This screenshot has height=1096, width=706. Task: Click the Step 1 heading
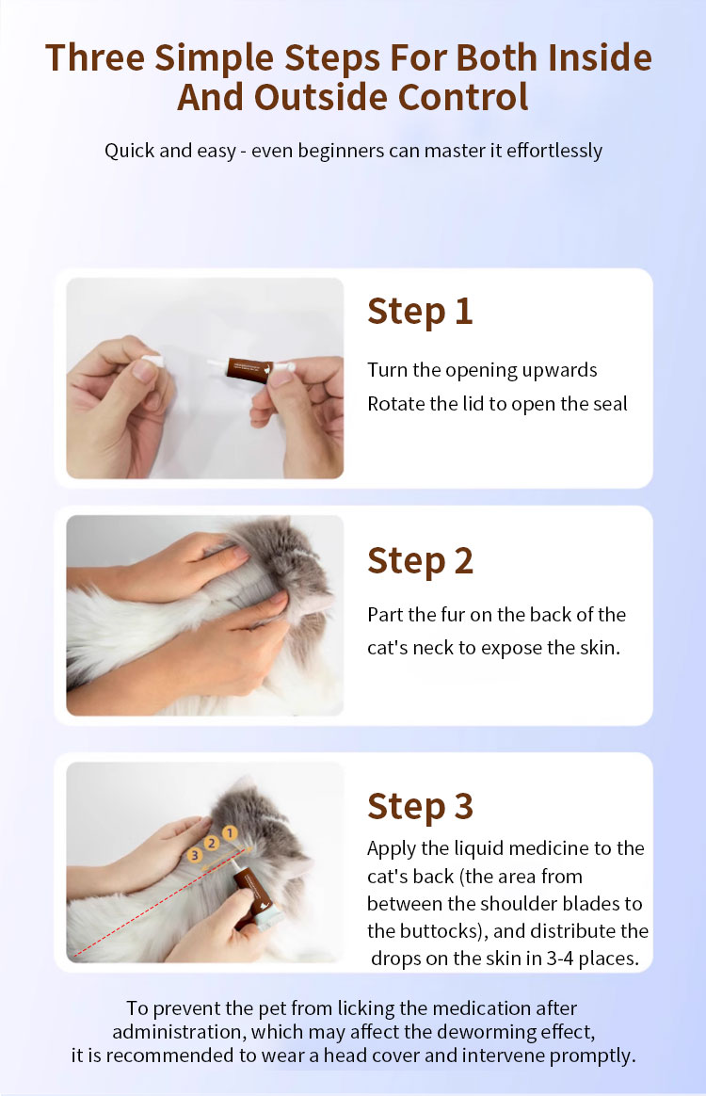point(420,311)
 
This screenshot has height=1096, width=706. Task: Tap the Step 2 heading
point(420,560)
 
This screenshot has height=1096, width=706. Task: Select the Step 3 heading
point(420,806)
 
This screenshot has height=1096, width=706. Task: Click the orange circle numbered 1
point(230,832)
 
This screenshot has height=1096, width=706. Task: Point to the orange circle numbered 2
point(211,844)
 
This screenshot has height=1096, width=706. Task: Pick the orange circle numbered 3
point(195,855)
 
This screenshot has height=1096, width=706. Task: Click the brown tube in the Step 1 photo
point(249,370)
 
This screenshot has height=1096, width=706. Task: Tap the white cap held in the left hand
point(152,363)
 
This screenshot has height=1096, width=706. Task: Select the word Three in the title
point(95,58)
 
